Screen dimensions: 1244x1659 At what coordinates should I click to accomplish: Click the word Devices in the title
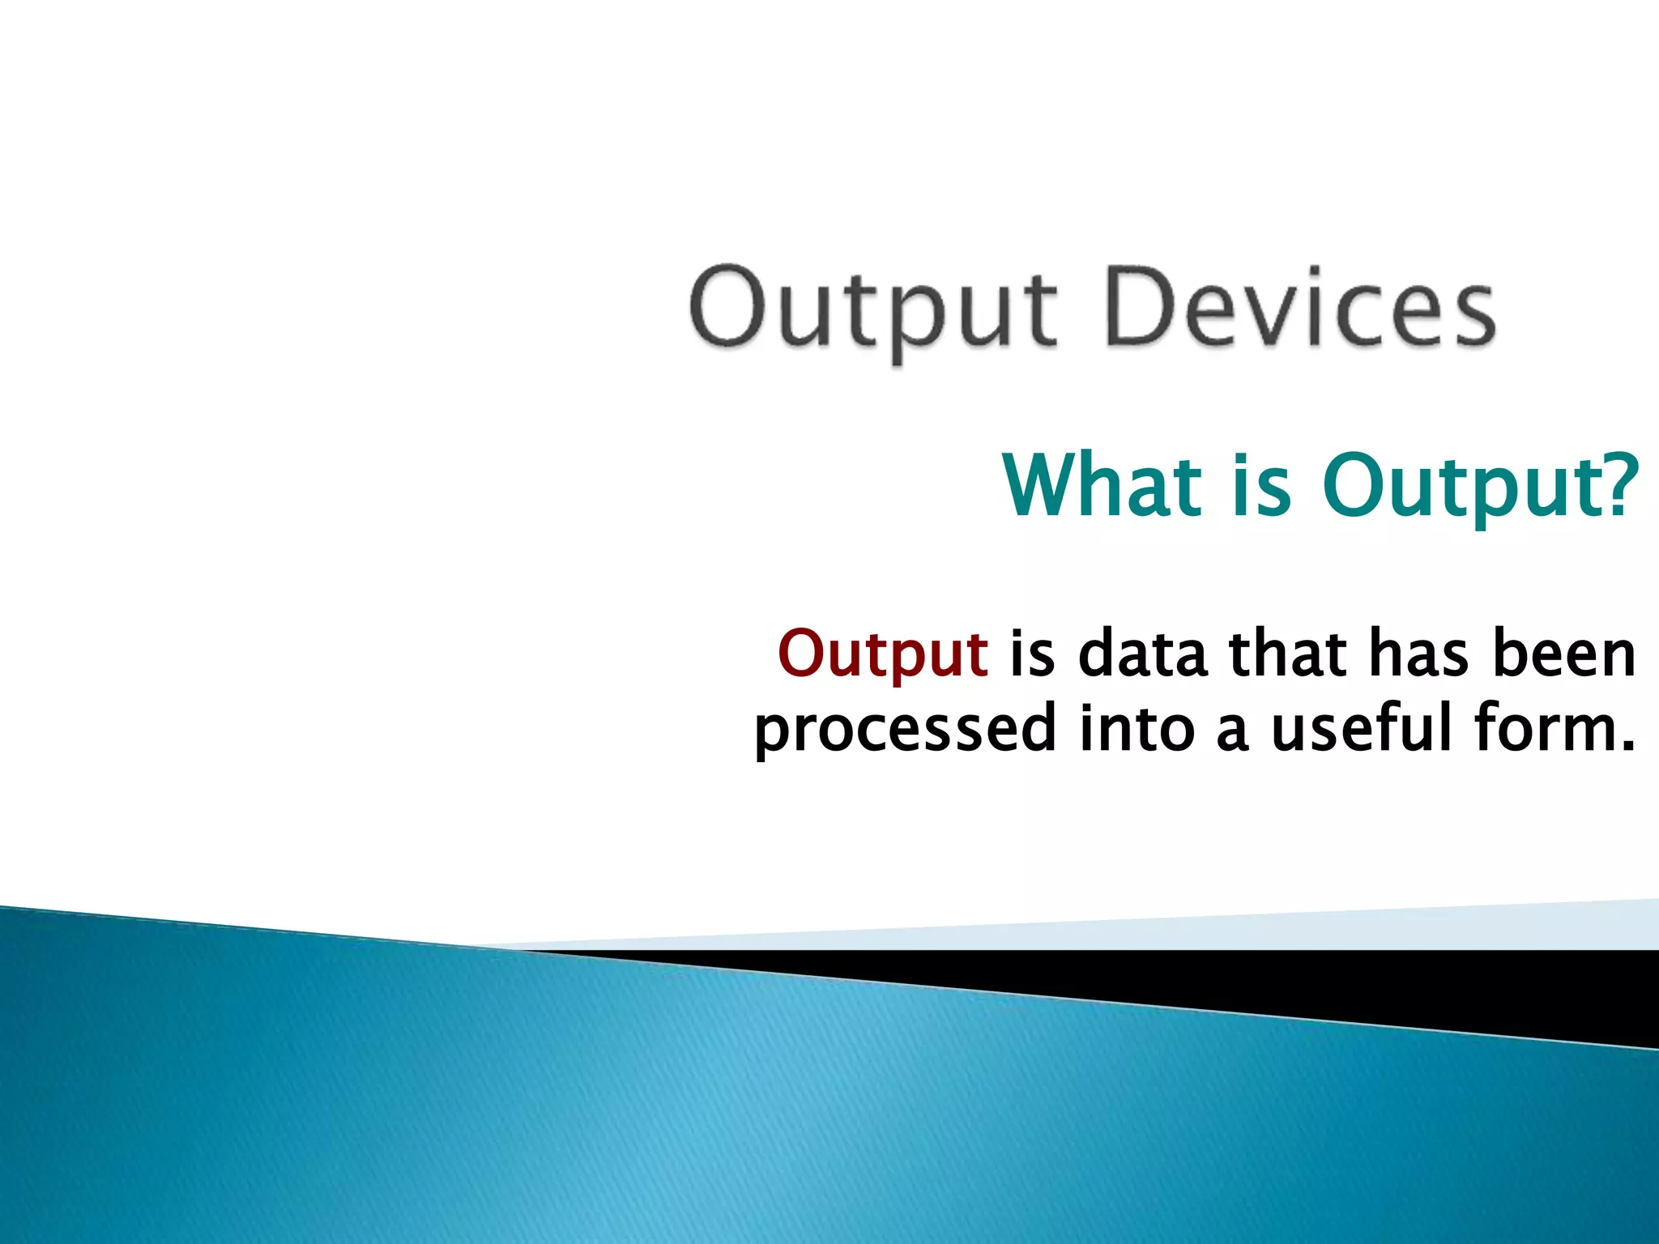[x=1299, y=310]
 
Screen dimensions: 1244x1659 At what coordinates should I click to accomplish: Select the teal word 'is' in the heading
[x=1260, y=486]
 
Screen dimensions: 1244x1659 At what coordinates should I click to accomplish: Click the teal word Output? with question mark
[x=1479, y=486]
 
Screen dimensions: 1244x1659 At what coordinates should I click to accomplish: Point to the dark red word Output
[x=882, y=654]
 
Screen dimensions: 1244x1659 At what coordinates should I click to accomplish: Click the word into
[x=1137, y=728]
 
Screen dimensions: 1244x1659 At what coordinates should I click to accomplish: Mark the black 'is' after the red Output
[x=1031, y=654]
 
